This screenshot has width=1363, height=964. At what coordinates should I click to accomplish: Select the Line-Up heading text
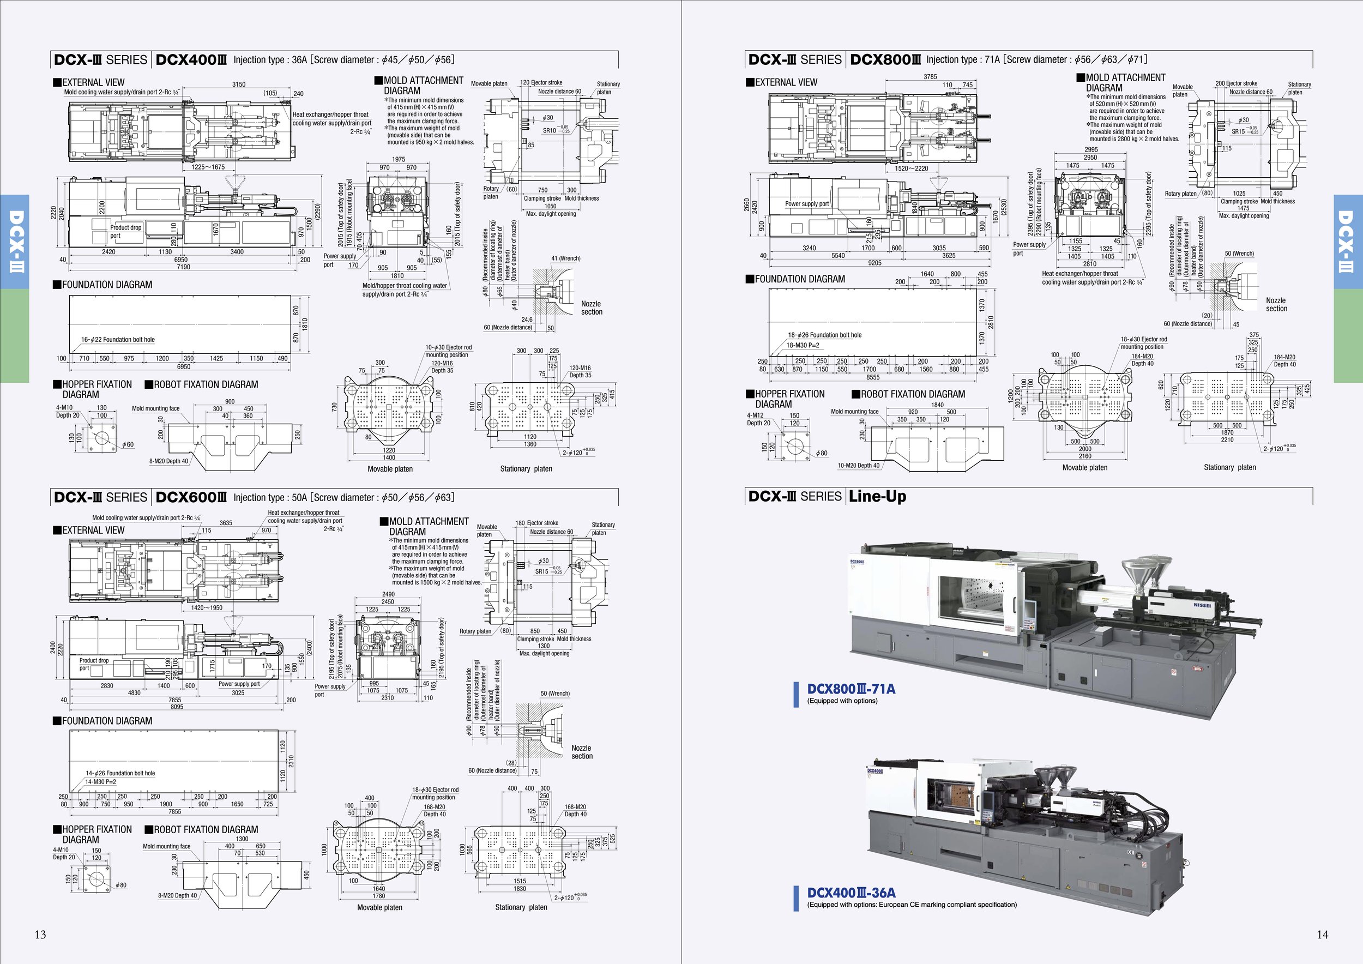coord(877,496)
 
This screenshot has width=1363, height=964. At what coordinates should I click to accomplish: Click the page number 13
coord(40,935)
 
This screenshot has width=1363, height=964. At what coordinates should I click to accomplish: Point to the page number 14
coord(1322,935)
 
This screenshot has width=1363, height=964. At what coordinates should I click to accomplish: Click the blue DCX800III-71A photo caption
coord(851,689)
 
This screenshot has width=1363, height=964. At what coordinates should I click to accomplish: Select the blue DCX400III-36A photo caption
coord(851,893)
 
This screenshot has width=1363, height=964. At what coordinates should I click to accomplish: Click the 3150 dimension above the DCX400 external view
coord(239,85)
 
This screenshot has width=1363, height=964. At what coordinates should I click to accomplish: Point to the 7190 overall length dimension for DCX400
coord(183,267)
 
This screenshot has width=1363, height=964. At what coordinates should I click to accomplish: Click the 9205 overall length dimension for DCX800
coord(875,263)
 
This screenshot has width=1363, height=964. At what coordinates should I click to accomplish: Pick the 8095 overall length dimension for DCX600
coord(177,707)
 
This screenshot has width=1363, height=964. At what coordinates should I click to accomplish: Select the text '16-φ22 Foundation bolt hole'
coord(118,340)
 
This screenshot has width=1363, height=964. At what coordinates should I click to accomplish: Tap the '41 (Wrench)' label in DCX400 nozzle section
coord(566,259)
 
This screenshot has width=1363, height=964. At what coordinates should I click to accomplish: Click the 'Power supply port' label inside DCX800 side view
coord(807,203)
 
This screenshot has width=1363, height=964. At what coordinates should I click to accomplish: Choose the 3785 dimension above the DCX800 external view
coord(930,76)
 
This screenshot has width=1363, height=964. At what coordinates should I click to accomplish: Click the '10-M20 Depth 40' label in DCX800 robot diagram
coord(858,466)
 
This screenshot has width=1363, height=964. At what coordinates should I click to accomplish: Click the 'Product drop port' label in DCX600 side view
coord(94,664)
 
